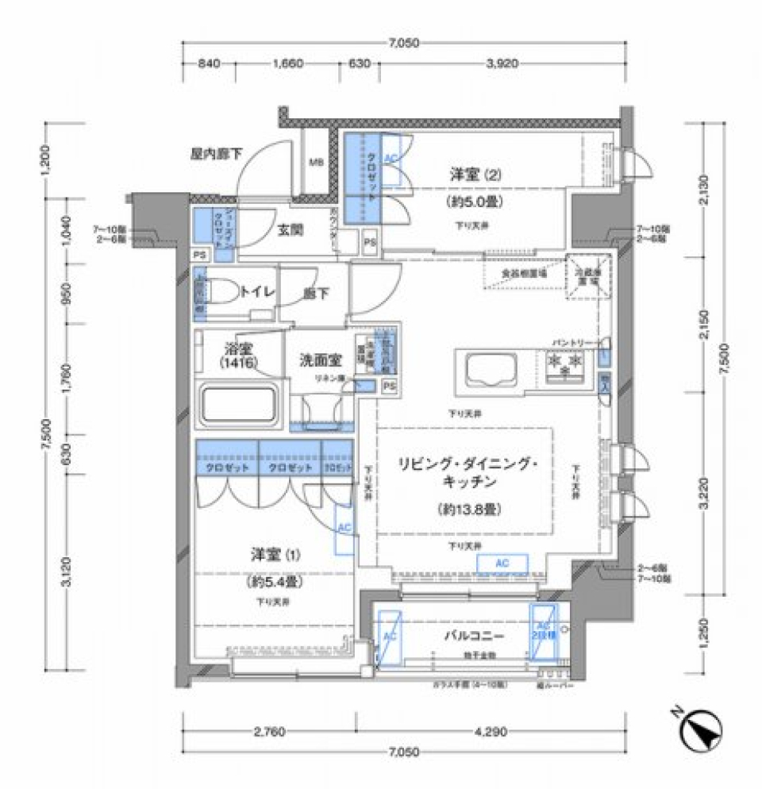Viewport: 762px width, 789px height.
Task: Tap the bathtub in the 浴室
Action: [237, 404]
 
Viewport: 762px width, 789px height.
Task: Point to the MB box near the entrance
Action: [316, 164]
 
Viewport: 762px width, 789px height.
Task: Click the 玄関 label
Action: [288, 231]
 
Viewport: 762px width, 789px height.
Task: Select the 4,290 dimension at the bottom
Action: [491, 732]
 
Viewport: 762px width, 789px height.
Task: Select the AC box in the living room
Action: [500, 563]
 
